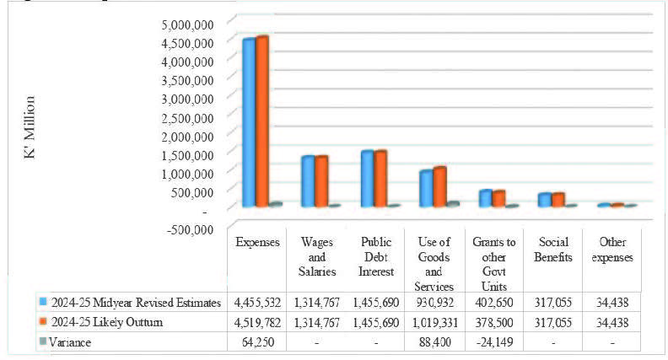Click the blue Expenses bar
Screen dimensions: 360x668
[249, 123]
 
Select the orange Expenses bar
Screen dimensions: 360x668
[262, 121]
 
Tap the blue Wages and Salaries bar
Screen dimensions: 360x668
[308, 181]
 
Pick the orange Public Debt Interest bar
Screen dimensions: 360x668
[381, 179]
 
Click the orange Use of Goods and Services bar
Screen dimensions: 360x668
[439, 186]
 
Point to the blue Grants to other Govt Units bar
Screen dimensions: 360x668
[485, 198]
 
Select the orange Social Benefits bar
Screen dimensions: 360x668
[558, 200]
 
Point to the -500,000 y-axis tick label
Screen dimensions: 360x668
[188, 227]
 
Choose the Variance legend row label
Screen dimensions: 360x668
[70, 342]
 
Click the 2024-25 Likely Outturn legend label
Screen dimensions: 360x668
[106, 322]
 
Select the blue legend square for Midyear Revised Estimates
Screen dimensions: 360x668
[43, 301]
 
